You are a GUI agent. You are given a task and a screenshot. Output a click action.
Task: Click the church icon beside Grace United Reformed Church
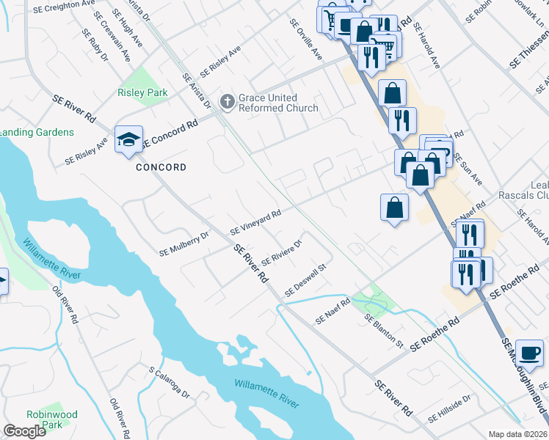pos(227,103)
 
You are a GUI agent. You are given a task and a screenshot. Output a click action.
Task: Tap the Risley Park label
pos(142,92)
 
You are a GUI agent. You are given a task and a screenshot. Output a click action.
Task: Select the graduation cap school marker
pos(128,140)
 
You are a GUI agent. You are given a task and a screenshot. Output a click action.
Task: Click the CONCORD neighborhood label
pos(161,167)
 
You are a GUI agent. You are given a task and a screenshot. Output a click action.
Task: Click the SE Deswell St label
pos(305,281)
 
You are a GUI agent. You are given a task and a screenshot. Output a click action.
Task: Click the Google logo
pos(25,430)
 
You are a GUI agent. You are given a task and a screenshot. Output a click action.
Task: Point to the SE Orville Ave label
pos(306,40)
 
